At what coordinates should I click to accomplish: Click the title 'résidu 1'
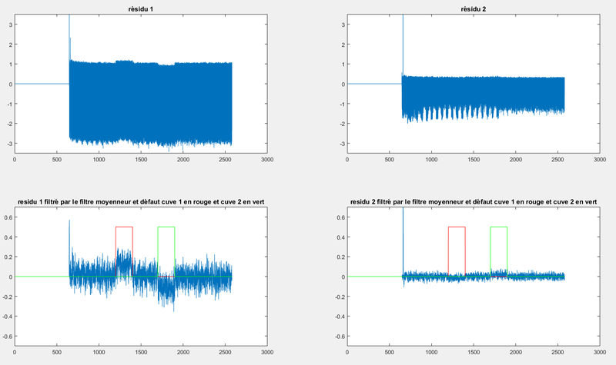pos(140,8)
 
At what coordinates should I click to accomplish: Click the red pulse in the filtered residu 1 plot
pos(124,227)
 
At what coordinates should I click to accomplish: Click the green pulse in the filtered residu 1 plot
pos(166,227)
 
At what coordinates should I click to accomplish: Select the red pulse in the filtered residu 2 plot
pos(457,227)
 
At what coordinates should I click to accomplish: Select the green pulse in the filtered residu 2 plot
pos(498,227)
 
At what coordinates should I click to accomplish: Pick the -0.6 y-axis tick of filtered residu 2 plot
pos(338,336)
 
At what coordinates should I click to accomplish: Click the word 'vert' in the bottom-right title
pos(589,201)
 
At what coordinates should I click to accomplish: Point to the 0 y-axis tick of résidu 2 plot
pos(343,84)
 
